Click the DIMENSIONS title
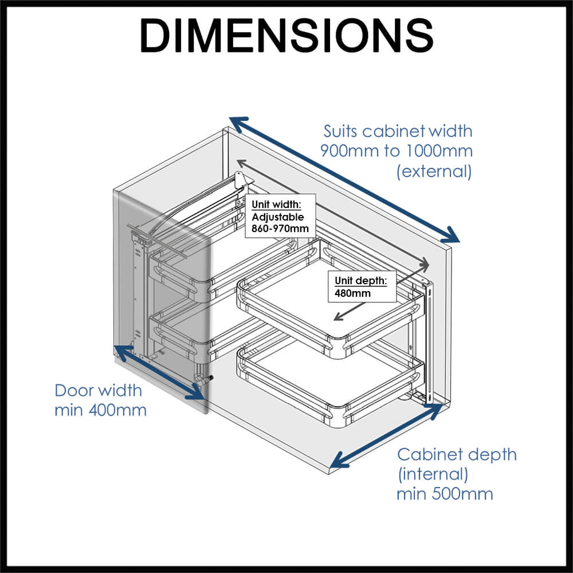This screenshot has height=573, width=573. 286,36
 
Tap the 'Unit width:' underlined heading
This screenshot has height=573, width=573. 276,205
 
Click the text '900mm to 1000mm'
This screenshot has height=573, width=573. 397,151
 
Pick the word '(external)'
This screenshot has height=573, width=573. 434,171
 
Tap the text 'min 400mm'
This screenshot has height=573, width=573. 100,410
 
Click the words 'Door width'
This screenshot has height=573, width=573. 98,391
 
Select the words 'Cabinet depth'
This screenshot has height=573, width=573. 457,454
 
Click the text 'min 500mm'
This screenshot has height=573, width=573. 445,493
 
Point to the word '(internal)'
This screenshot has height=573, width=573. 433,474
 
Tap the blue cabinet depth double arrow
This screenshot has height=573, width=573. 388,435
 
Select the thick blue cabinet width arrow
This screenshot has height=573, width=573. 344,179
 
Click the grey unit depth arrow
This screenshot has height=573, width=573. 378,295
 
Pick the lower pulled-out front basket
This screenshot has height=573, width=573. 327,381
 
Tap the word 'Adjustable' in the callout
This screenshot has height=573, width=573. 277,217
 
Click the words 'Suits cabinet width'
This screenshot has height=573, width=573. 398,131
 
